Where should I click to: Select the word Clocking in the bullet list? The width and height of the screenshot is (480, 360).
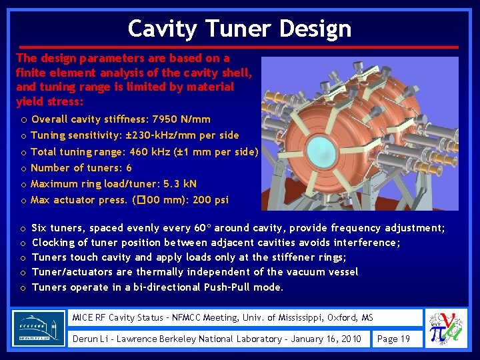(x=53, y=243)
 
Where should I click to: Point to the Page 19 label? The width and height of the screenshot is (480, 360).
(x=393, y=339)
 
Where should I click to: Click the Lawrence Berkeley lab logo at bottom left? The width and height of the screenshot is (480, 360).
(x=39, y=328)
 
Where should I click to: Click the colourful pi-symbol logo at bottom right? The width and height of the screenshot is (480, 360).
(x=446, y=328)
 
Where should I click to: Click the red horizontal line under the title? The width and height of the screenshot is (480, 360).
(x=237, y=47)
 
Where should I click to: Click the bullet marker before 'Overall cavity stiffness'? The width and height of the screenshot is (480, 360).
(x=23, y=120)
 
